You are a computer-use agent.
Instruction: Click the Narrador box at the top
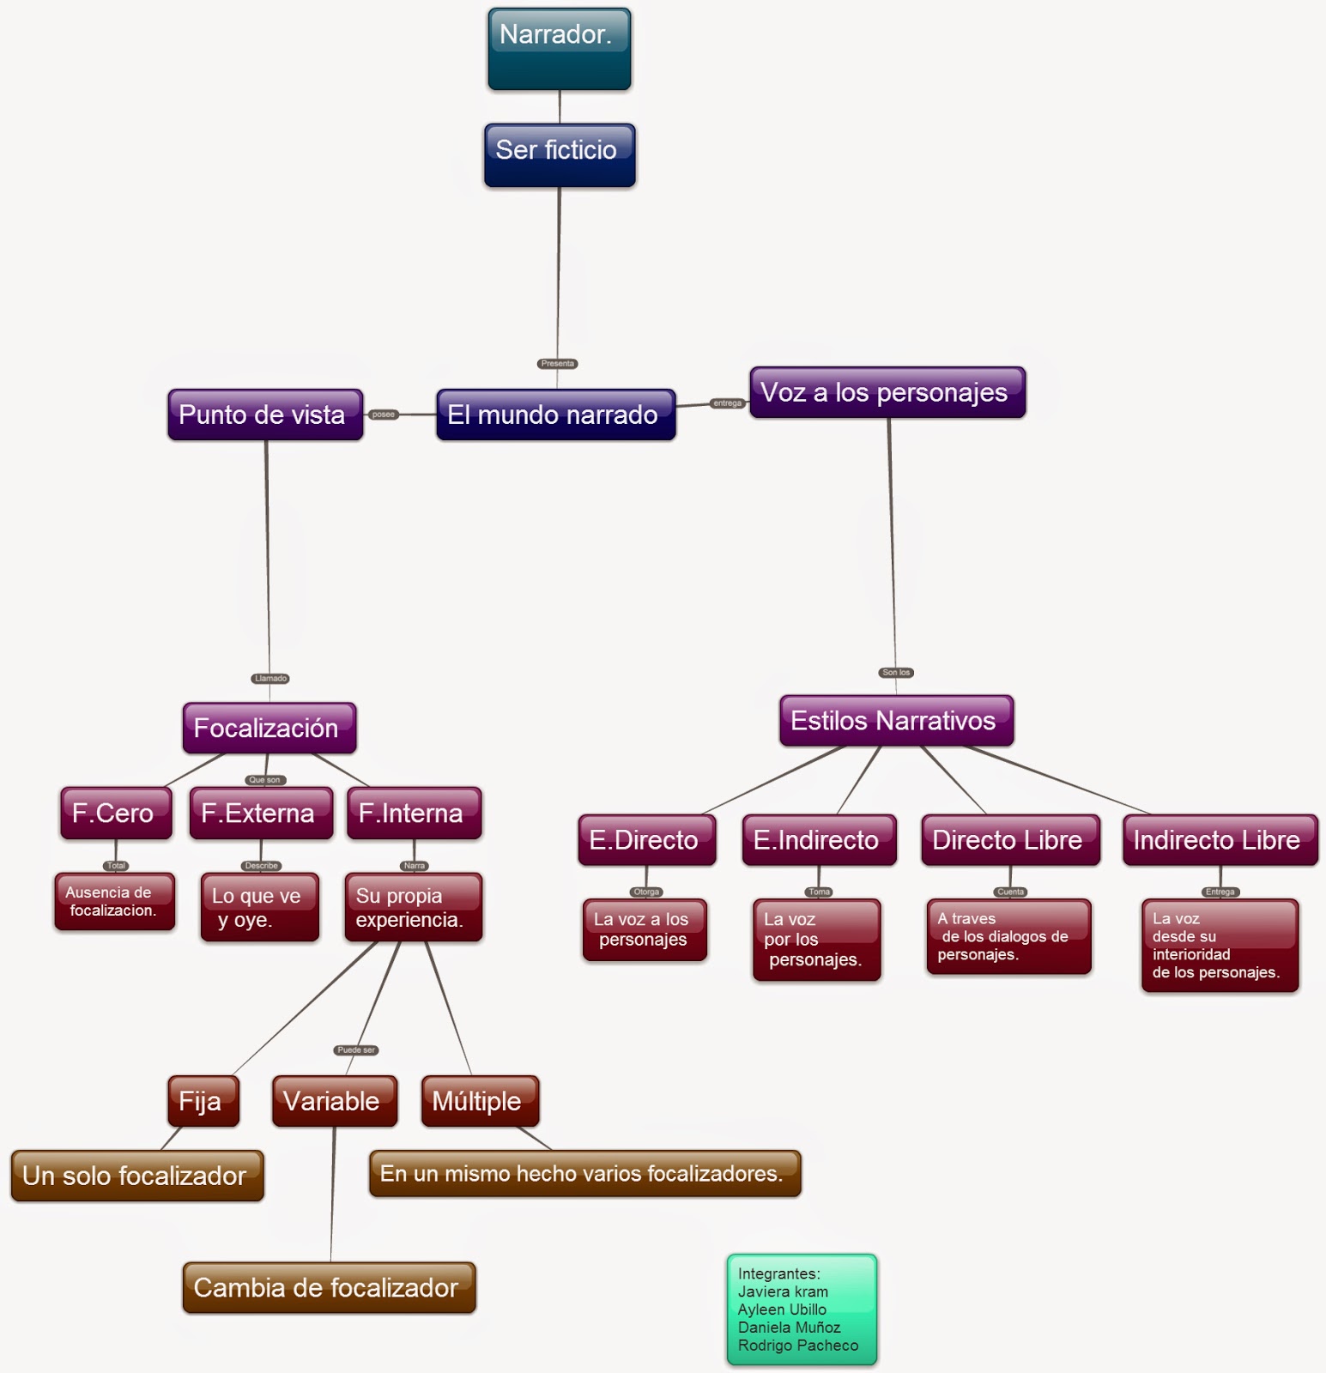(559, 49)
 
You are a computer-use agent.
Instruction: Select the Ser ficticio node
(559, 155)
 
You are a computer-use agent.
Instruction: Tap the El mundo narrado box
(555, 415)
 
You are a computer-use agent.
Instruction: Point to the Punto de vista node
(265, 415)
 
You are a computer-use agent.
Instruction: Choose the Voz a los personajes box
(887, 393)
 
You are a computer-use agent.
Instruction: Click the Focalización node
(269, 729)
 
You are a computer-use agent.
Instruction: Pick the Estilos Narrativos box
(896, 721)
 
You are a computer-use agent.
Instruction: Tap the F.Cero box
(116, 814)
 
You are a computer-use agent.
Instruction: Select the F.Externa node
(261, 814)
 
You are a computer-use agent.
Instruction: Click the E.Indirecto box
(819, 840)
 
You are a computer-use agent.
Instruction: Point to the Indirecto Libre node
(1220, 840)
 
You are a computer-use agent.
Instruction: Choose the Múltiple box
(480, 1101)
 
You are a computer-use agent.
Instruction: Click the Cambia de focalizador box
(329, 1287)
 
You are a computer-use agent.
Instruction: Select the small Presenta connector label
(557, 364)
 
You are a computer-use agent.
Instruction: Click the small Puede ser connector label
(355, 1050)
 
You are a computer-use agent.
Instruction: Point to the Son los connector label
(896, 673)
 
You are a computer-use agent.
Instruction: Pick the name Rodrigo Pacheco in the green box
(798, 1346)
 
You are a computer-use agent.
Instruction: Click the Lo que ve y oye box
(259, 908)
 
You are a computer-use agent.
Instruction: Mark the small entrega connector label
(727, 403)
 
